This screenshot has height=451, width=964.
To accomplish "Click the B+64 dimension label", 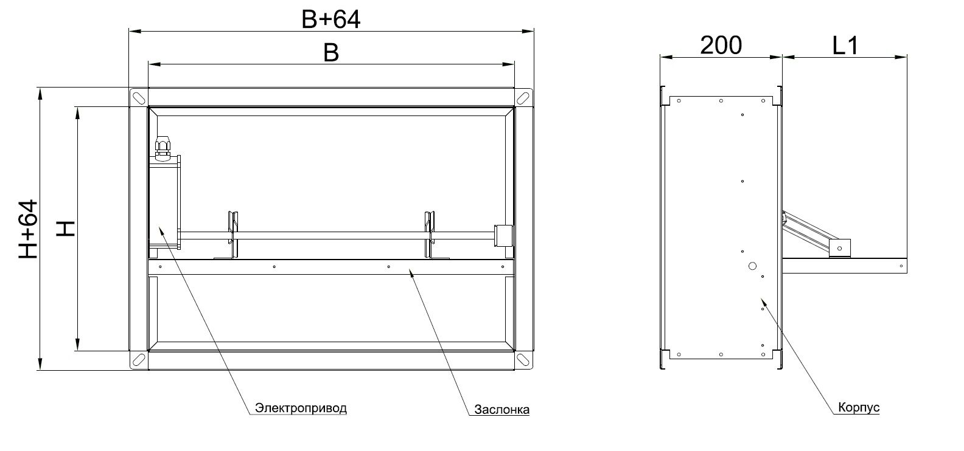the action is click(330, 20).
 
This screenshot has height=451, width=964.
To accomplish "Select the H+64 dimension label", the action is click(29, 229).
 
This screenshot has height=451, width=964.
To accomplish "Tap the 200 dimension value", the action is click(721, 45).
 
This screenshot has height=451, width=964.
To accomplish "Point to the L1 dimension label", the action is click(846, 45).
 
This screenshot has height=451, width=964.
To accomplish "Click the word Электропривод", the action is click(301, 408).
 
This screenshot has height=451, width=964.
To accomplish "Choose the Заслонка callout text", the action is click(502, 409).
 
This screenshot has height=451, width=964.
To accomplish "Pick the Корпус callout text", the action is click(859, 407).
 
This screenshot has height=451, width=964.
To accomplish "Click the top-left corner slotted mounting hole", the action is click(139, 98).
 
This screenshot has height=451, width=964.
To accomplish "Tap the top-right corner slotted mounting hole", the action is click(523, 98).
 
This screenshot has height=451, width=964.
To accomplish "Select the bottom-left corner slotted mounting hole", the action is click(139, 359).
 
